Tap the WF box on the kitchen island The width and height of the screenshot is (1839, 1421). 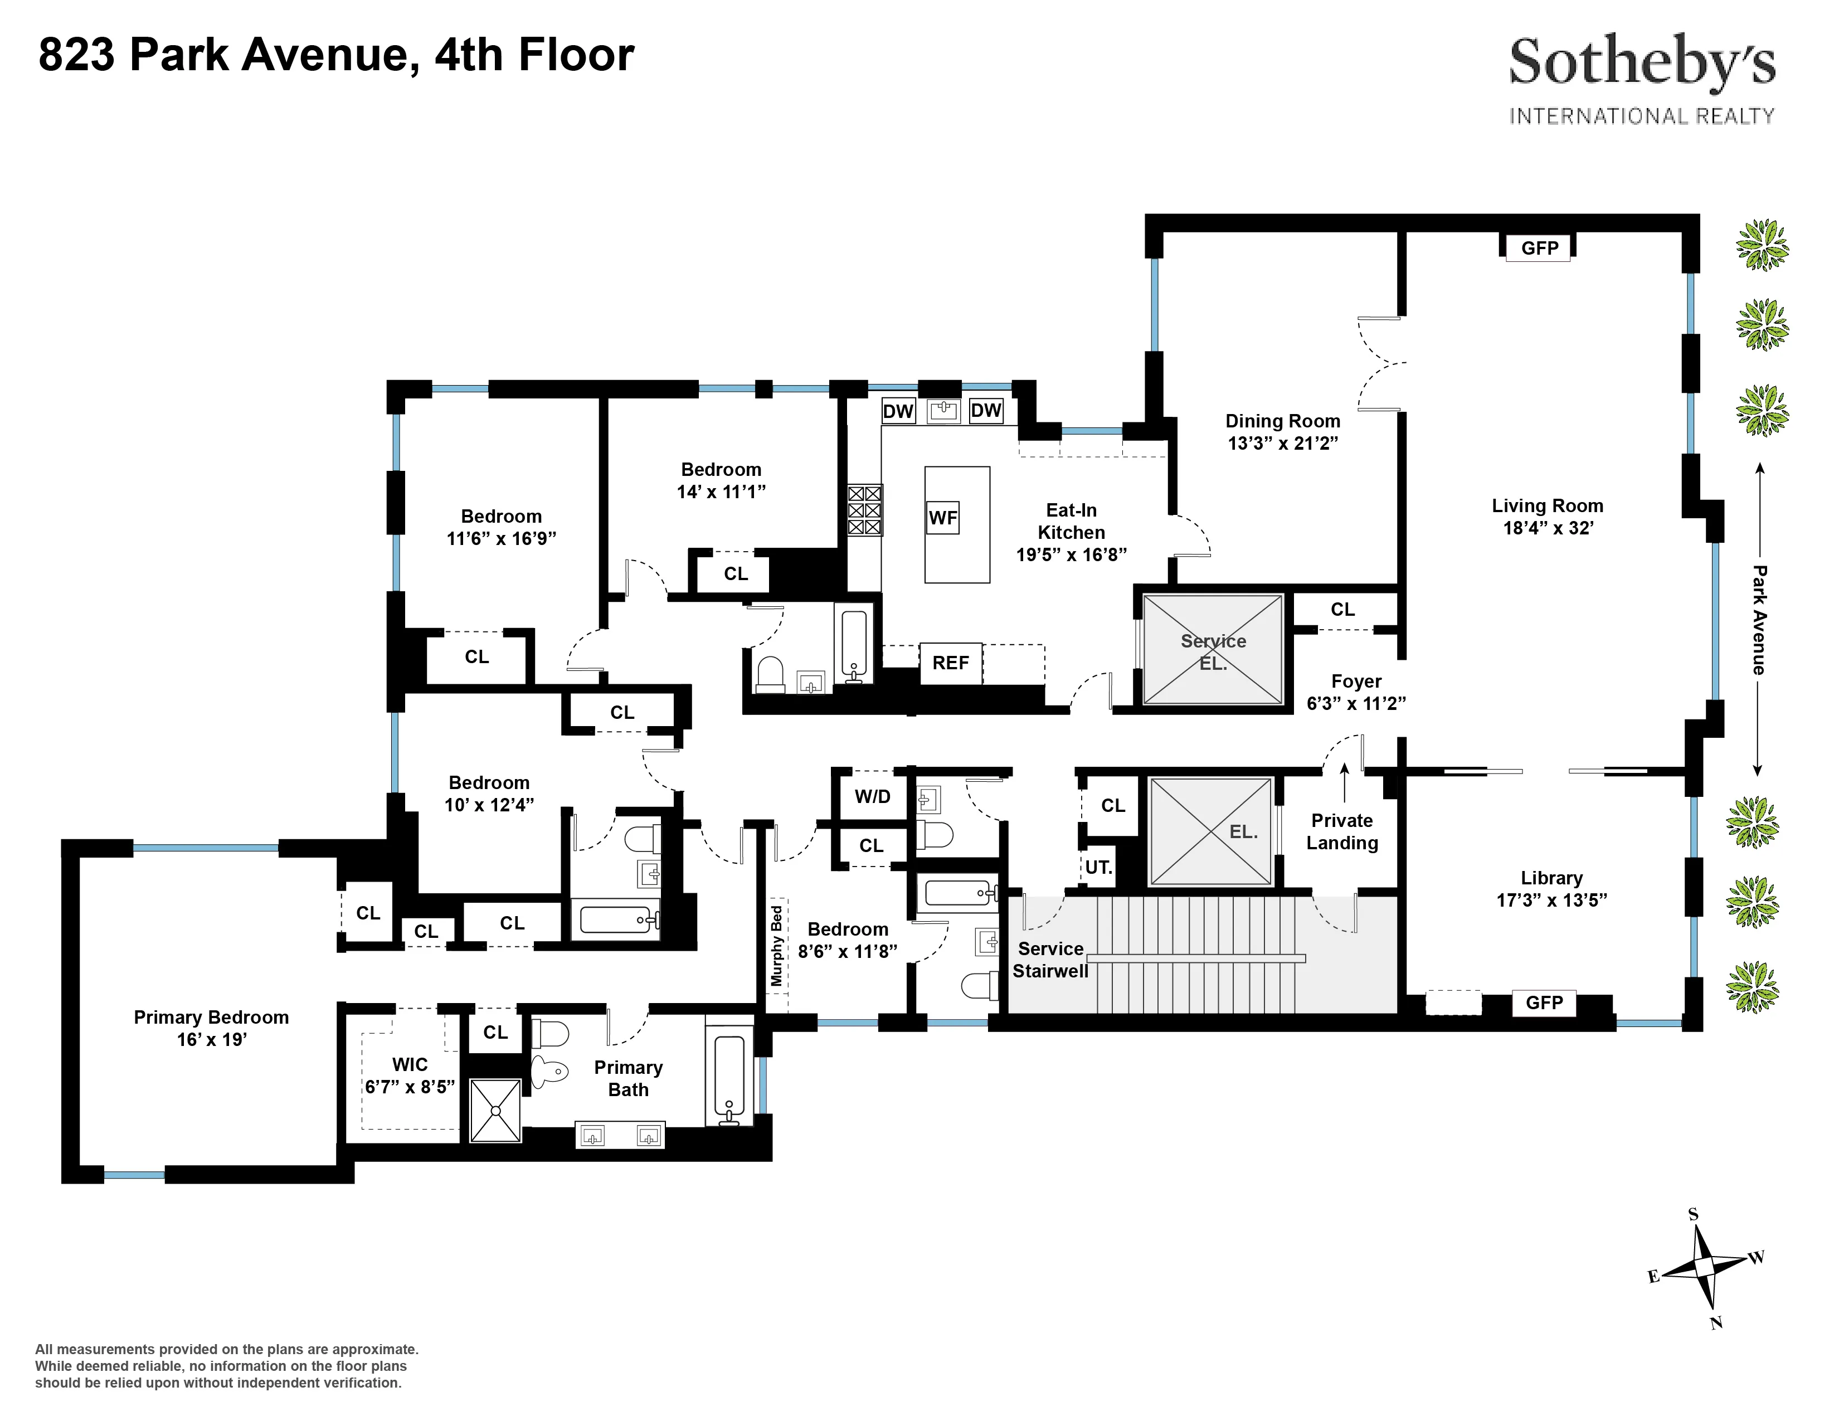(x=942, y=518)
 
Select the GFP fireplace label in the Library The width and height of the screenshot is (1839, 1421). (x=1544, y=1003)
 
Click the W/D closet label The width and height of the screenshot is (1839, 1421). (x=872, y=796)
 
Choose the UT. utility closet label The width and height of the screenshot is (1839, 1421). (x=1098, y=867)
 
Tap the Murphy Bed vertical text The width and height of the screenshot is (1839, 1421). (x=776, y=945)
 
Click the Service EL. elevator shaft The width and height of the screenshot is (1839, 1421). (x=1213, y=650)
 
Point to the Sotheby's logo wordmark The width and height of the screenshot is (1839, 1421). (x=1641, y=62)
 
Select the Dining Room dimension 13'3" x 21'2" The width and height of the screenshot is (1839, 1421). (x=1282, y=444)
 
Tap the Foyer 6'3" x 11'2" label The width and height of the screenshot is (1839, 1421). (x=1356, y=692)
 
